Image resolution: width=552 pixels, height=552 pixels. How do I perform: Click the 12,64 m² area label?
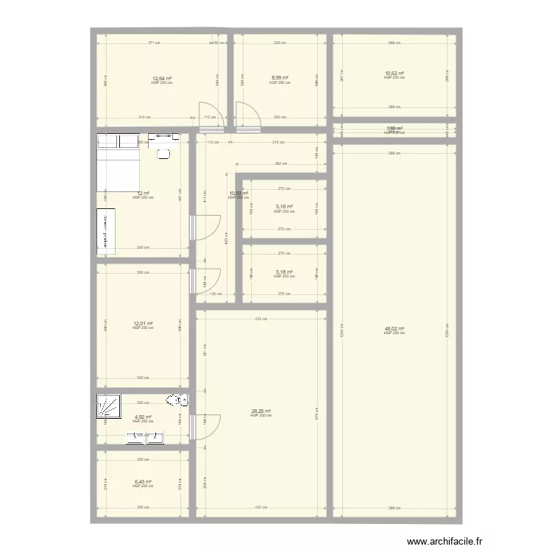click(x=162, y=78)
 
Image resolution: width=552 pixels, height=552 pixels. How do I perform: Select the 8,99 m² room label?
click(x=280, y=78)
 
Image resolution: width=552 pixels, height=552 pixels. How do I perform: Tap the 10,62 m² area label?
click(x=394, y=74)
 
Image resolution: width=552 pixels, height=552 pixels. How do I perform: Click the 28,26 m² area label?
click(x=261, y=411)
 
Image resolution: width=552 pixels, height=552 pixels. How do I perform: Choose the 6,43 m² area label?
click(x=143, y=482)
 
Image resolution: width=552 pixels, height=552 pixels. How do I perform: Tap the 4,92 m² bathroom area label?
click(x=143, y=417)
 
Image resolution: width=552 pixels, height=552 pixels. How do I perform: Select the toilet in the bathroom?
click(x=177, y=400)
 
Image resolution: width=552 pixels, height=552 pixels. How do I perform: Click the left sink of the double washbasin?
click(x=134, y=438)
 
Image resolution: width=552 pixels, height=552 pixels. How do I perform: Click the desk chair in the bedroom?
click(x=163, y=153)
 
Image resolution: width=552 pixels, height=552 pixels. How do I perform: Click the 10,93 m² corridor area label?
click(x=238, y=194)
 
